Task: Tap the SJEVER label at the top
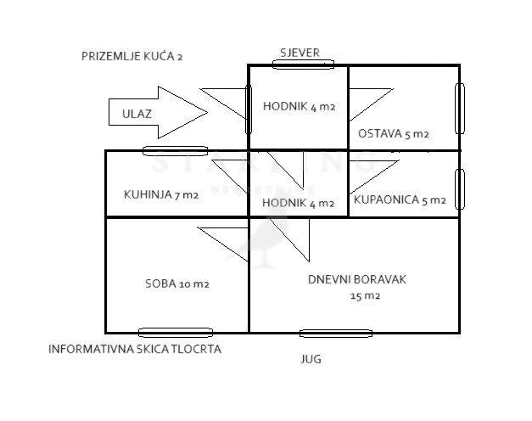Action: coord(300,53)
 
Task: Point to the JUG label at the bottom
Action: coord(311,359)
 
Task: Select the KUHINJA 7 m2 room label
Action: coord(161,195)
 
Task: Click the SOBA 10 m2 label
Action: coord(177,283)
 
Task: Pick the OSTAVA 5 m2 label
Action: coord(394,134)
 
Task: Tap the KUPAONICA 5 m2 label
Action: coord(400,199)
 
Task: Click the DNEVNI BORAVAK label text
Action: coord(357,280)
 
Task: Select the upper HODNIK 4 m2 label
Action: coord(300,107)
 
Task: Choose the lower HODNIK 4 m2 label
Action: coord(298,203)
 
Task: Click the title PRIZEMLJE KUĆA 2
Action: coord(132,56)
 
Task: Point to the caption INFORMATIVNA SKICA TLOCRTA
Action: coord(135,349)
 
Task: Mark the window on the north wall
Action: coord(303,65)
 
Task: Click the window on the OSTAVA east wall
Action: coord(460,109)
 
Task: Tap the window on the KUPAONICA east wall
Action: coord(460,189)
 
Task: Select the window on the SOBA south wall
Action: coord(176,333)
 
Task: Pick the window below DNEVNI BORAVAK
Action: coord(336,334)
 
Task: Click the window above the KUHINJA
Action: coord(175,151)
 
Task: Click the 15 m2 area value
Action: coord(365,296)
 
